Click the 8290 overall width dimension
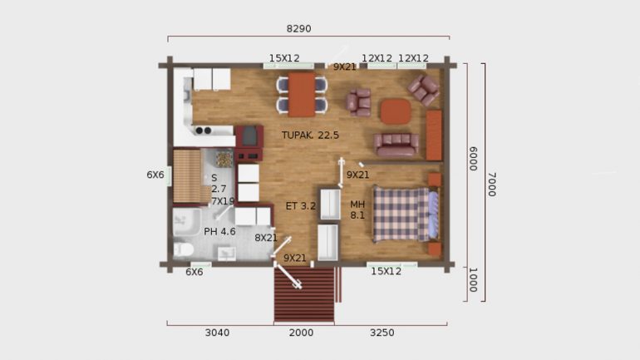298,28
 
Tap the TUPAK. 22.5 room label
310,135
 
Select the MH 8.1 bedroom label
357,210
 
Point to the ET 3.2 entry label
301,206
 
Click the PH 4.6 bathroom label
219,232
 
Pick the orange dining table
302,95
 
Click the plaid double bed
406,215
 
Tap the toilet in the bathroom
183,249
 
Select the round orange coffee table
396,111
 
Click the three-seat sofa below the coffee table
396,145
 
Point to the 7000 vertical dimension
492,185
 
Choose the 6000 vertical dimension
473,159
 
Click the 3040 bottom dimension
217,333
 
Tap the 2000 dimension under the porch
301,333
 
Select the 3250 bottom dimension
382,333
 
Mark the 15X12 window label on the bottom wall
386,271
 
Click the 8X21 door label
266,238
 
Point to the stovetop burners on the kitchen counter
204,131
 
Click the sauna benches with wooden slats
187,176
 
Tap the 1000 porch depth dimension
473,280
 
